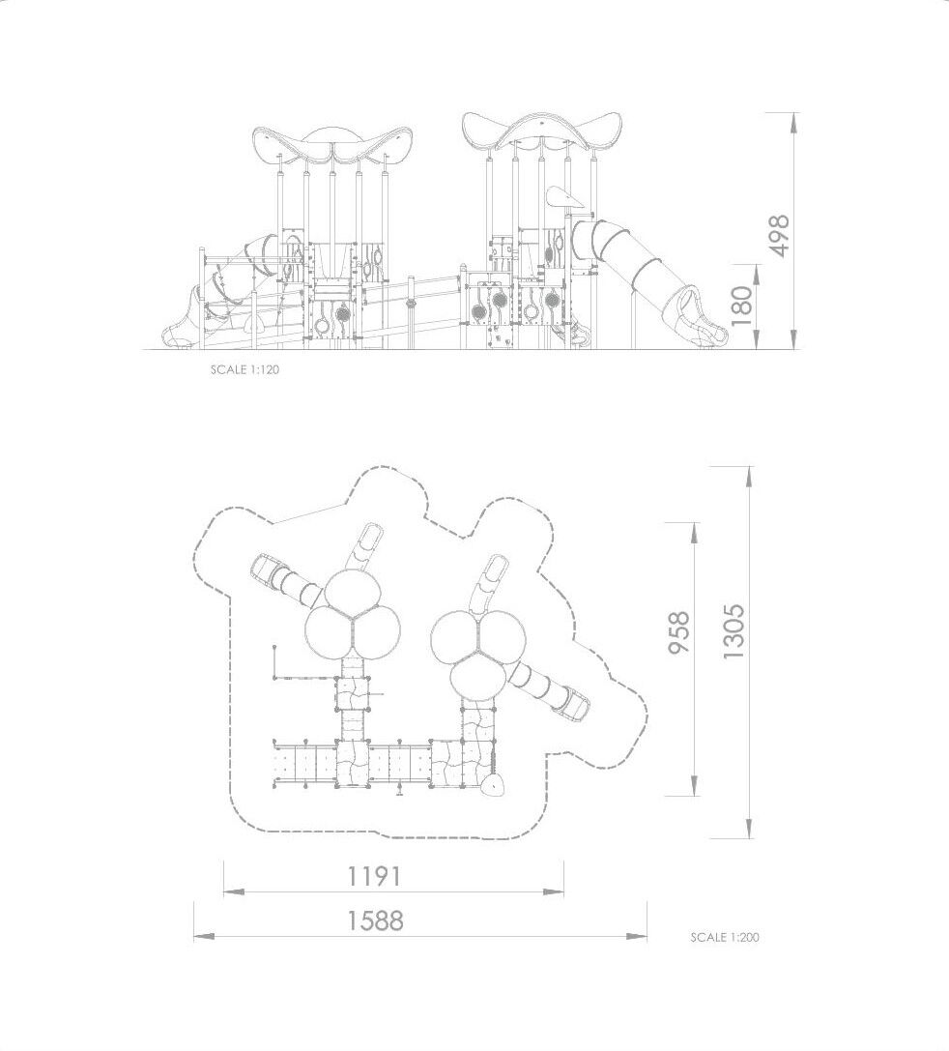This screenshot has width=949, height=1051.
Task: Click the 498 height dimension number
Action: point(778,235)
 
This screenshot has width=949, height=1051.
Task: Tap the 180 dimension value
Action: point(742,307)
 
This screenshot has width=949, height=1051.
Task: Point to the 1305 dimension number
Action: point(733,630)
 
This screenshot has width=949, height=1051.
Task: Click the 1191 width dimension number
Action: point(374,876)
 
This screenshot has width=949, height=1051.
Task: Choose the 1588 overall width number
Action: point(375,921)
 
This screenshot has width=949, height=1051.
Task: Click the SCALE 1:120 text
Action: point(244,369)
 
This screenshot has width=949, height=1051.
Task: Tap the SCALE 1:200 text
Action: point(725,937)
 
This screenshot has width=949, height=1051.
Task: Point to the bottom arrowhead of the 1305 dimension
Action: point(749,827)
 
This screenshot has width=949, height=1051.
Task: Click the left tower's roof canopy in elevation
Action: point(331,147)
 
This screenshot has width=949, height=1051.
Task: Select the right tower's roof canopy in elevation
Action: point(542,134)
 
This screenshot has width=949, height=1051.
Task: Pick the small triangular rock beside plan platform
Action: point(495,785)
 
